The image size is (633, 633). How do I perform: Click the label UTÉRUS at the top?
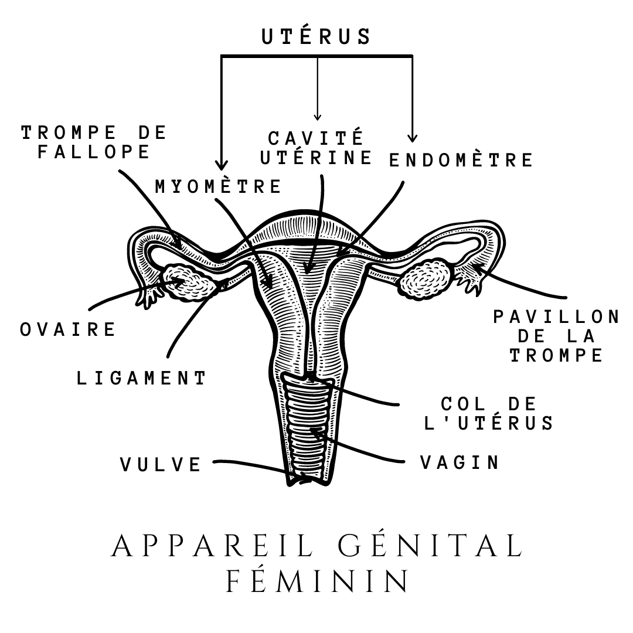[316, 36]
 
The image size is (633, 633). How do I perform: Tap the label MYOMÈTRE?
[218, 186]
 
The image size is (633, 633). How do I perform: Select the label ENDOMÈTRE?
[461, 159]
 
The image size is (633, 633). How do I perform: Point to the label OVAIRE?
[69, 329]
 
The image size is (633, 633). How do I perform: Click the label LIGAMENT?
[142, 378]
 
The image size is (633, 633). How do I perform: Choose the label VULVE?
[161, 464]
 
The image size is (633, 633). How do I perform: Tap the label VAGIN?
[460, 462]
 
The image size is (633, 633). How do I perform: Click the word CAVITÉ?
[316, 139]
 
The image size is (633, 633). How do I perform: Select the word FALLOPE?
[94, 152]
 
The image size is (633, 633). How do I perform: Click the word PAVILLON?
[556, 317]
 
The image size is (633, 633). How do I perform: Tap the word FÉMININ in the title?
[316, 581]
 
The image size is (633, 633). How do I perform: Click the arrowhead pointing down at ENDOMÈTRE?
[413, 138]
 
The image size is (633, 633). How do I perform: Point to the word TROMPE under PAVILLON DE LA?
[556, 356]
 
